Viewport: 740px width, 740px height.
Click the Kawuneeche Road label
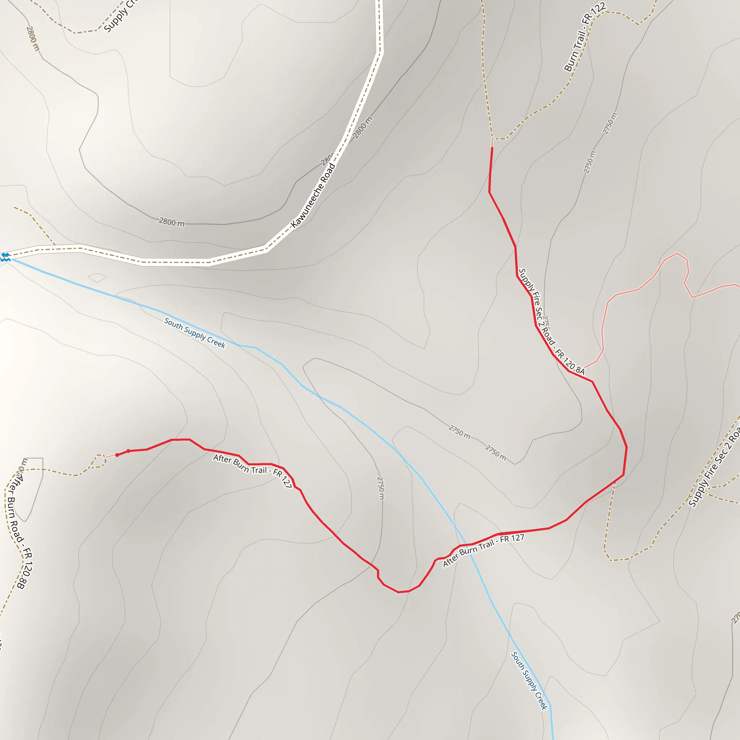tap(313, 195)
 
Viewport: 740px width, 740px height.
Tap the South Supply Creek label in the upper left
tap(195, 333)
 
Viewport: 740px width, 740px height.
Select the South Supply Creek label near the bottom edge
tap(529, 680)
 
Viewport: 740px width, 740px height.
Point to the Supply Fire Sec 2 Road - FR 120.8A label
tap(551, 321)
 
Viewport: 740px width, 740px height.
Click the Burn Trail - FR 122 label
tap(585, 37)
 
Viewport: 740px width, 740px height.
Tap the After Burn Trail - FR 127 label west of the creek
tap(253, 471)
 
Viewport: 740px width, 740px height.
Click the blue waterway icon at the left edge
tap(5, 257)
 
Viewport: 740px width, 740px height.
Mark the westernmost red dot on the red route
tap(117, 455)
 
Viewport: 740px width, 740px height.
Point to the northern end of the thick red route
tap(492, 148)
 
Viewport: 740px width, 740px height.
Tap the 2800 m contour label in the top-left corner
tap(33, 38)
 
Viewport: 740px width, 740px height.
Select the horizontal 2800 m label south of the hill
tap(172, 222)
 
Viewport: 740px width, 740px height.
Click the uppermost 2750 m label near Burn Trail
tap(610, 123)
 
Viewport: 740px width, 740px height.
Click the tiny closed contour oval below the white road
tap(97, 277)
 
